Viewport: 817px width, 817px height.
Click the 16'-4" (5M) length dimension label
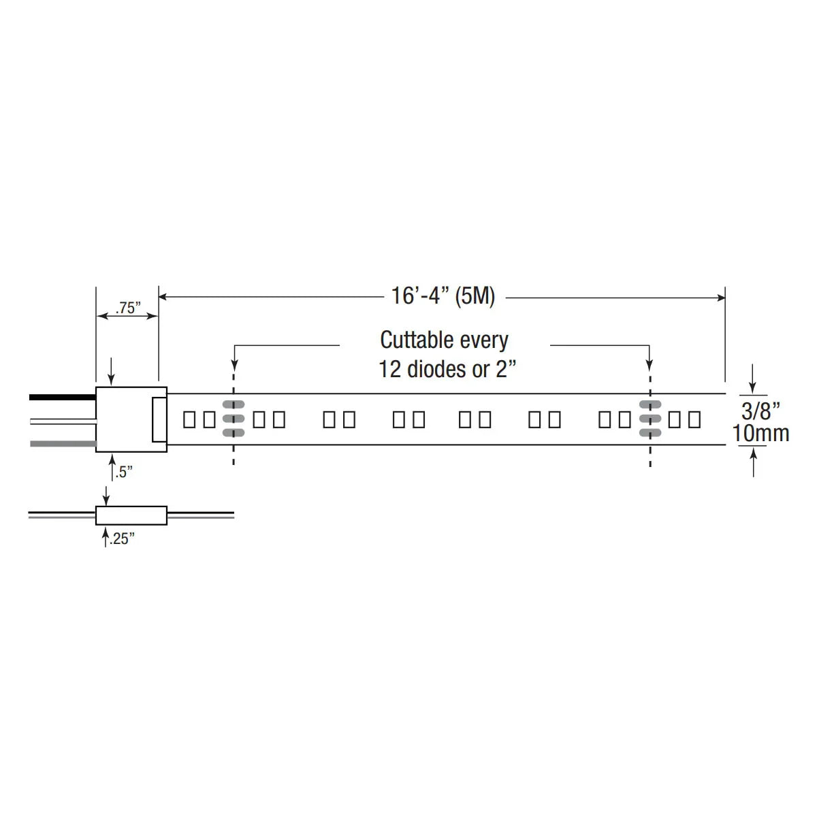tap(443, 295)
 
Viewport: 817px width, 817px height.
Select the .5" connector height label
tap(124, 472)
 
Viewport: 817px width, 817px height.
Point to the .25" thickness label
tap(122, 539)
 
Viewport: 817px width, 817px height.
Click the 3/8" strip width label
tap(760, 411)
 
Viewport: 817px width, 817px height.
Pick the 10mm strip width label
tap(760, 433)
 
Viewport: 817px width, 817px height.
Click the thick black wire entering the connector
tap(63, 397)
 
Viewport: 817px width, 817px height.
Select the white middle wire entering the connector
tap(63, 421)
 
